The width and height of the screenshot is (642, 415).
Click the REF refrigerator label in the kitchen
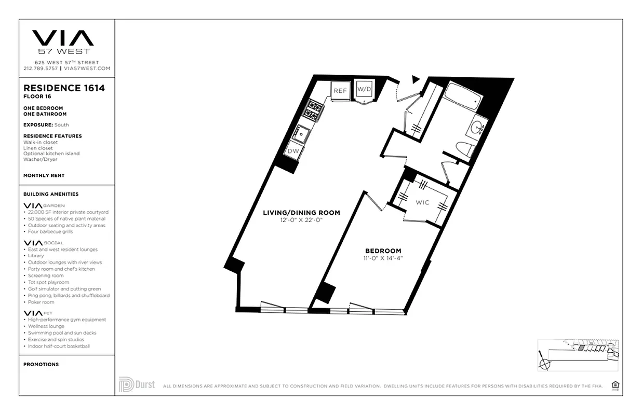coord(340,91)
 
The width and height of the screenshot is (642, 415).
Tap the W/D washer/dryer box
coord(364,89)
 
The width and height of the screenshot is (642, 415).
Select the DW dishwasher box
coord(293,150)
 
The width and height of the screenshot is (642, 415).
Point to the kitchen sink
coord(302,133)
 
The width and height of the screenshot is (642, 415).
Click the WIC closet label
coord(422,202)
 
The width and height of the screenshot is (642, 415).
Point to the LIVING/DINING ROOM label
coord(301,213)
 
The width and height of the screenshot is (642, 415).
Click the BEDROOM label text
coord(383,251)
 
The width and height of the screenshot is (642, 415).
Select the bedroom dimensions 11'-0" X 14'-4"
coord(383,258)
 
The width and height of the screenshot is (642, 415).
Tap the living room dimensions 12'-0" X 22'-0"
coord(301,220)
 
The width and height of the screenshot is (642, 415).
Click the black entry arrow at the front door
coord(415,79)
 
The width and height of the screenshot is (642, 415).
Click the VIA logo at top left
coord(63,38)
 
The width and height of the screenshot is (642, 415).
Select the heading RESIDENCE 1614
coord(64,88)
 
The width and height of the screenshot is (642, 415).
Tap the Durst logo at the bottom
coord(137,384)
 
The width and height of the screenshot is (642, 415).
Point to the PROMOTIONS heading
coord(41,365)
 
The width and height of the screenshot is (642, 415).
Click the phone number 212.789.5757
coord(41,68)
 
